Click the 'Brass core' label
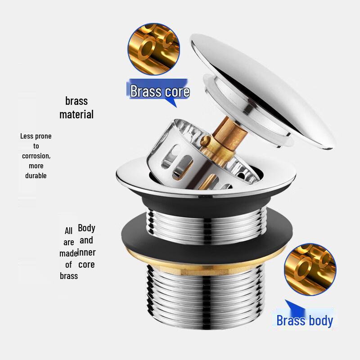[x=160, y=91]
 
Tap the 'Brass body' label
[x=305, y=320]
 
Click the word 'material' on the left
[x=76, y=114]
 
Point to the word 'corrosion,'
[x=36, y=156]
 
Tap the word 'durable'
[x=36, y=175]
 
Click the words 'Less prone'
[x=36, y=136]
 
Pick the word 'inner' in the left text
[x=86, y=252]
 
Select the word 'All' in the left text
[x=68, y=231]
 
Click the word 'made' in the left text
[x=68, y=253]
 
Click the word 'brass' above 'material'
[x=76, y=101]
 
